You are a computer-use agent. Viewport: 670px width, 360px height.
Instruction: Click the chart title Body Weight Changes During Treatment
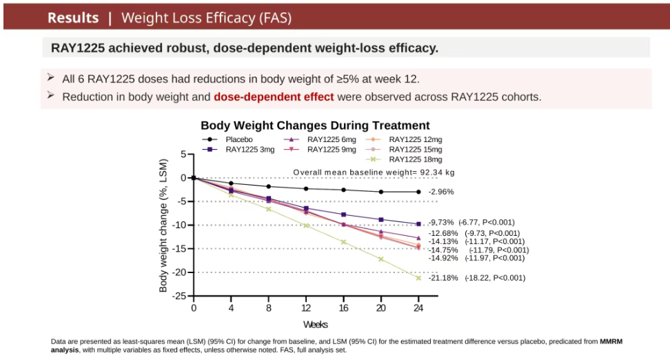(315, 126)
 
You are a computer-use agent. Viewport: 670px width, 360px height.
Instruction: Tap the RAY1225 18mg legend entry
(404, 159)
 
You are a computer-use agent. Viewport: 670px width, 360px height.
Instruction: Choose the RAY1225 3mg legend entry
(238, 150)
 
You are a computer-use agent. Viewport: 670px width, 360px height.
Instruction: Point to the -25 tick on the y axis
(180, 296)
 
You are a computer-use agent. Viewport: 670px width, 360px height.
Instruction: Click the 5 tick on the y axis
(184, 154)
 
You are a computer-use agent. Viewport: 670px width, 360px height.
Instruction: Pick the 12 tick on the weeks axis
(306, 308)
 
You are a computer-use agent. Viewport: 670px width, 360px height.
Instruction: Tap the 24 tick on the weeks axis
(418, 308)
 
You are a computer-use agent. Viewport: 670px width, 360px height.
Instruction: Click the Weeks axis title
(315, 325)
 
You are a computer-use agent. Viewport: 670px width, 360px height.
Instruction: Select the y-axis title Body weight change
(163, 226)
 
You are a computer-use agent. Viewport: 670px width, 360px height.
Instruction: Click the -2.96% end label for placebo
(441, 192)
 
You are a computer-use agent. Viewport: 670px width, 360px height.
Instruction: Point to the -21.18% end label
(443, 278)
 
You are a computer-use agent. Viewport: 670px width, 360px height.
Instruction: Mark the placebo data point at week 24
(418, 192)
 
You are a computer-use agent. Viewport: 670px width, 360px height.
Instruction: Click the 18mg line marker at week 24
(418, 278)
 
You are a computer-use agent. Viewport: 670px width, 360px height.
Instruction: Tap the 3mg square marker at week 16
(343, 214)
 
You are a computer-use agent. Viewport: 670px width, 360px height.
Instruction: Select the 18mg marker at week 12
(306, 226)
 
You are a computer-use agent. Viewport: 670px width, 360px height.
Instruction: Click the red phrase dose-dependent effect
(274, 97)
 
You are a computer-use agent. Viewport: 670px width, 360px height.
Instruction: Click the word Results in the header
(73, 18)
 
